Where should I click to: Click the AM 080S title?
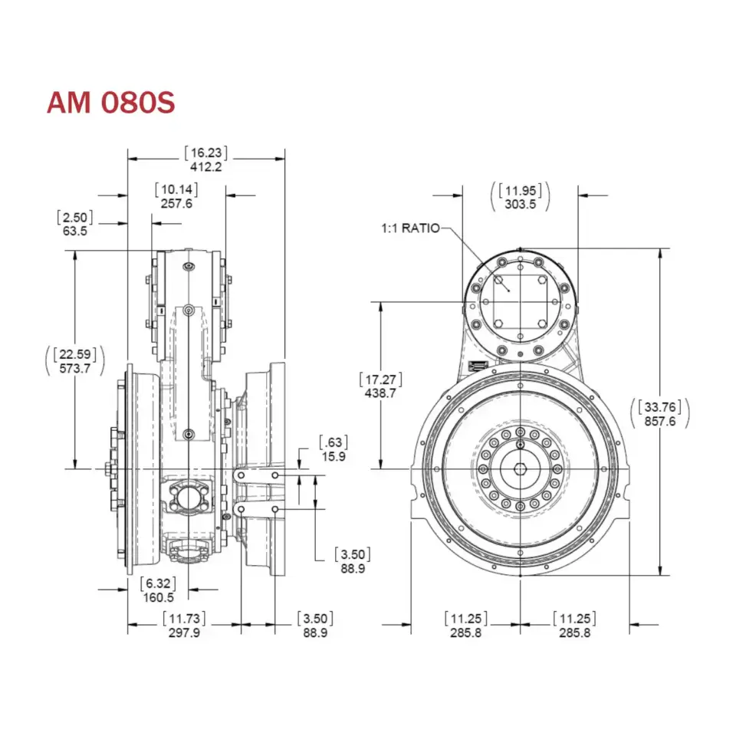111,102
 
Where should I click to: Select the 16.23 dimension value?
205,152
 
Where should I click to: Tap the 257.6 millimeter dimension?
176,204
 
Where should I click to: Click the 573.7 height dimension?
74,368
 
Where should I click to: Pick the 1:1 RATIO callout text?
411,228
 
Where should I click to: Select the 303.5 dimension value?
520,204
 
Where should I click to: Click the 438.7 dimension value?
381,393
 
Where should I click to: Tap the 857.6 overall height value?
660,422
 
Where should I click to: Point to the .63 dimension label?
333,442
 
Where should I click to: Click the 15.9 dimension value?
333,456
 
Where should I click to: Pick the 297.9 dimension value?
184,633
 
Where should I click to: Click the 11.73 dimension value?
184,619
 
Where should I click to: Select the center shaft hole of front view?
520,468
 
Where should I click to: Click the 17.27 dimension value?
381,379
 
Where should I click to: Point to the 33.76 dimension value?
660,407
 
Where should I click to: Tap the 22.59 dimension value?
74,353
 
